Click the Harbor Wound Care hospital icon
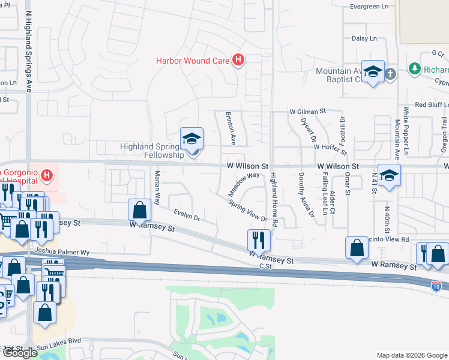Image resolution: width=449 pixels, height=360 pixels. coord(239,60)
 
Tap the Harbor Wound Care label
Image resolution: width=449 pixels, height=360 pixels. coord(193,60)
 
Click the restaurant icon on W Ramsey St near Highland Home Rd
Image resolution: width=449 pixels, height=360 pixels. coord(259,240)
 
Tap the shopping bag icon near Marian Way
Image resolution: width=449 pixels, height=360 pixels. coord(139,210)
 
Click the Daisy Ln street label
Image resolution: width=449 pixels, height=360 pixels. coord(364,38)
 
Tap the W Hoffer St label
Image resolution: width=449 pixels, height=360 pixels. coord(331,146)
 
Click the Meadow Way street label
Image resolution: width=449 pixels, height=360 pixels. coord(243,184)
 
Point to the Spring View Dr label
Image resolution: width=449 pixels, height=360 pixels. coord(247,211)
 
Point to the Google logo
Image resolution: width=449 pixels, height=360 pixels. coord(20,352)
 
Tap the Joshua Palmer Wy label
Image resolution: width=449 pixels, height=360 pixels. coord(62,253)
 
